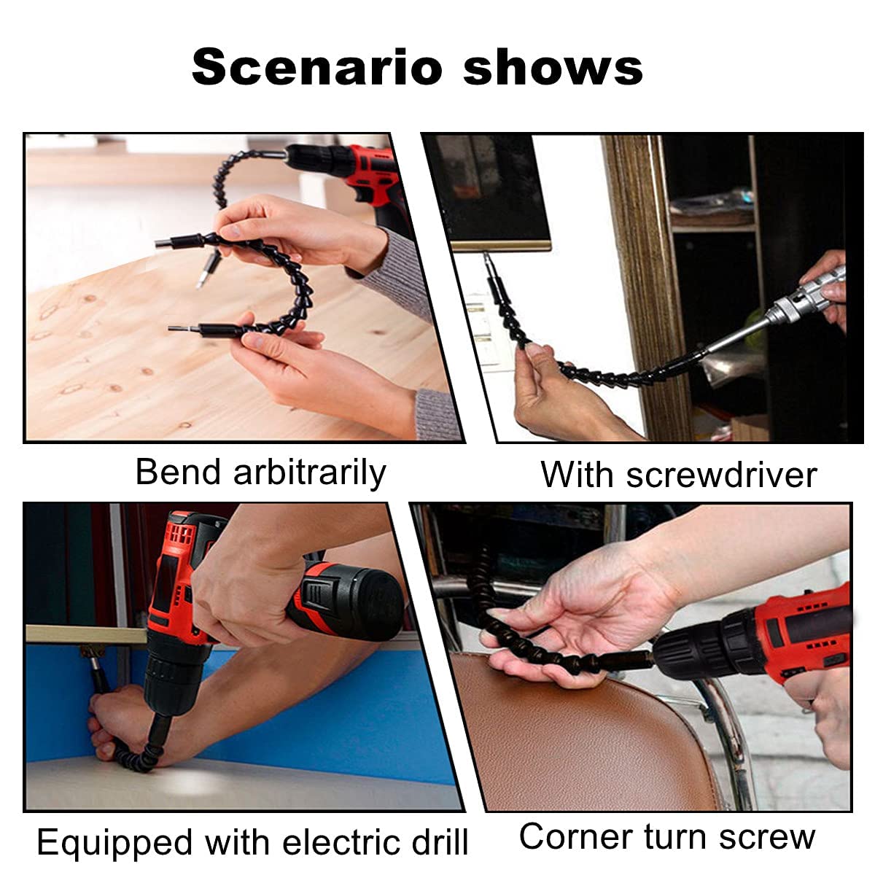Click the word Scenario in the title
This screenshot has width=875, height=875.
tap(317, 67)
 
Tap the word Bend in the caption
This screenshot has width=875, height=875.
tap(178, 472)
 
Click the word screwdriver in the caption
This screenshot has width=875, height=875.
tap(720, 475)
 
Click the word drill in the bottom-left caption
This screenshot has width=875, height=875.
tap(436, 842)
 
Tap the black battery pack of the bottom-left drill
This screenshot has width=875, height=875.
tap(350, 598)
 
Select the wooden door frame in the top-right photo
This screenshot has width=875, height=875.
tap(642, 277)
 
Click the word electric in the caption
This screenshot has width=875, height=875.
tap(338, 842)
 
